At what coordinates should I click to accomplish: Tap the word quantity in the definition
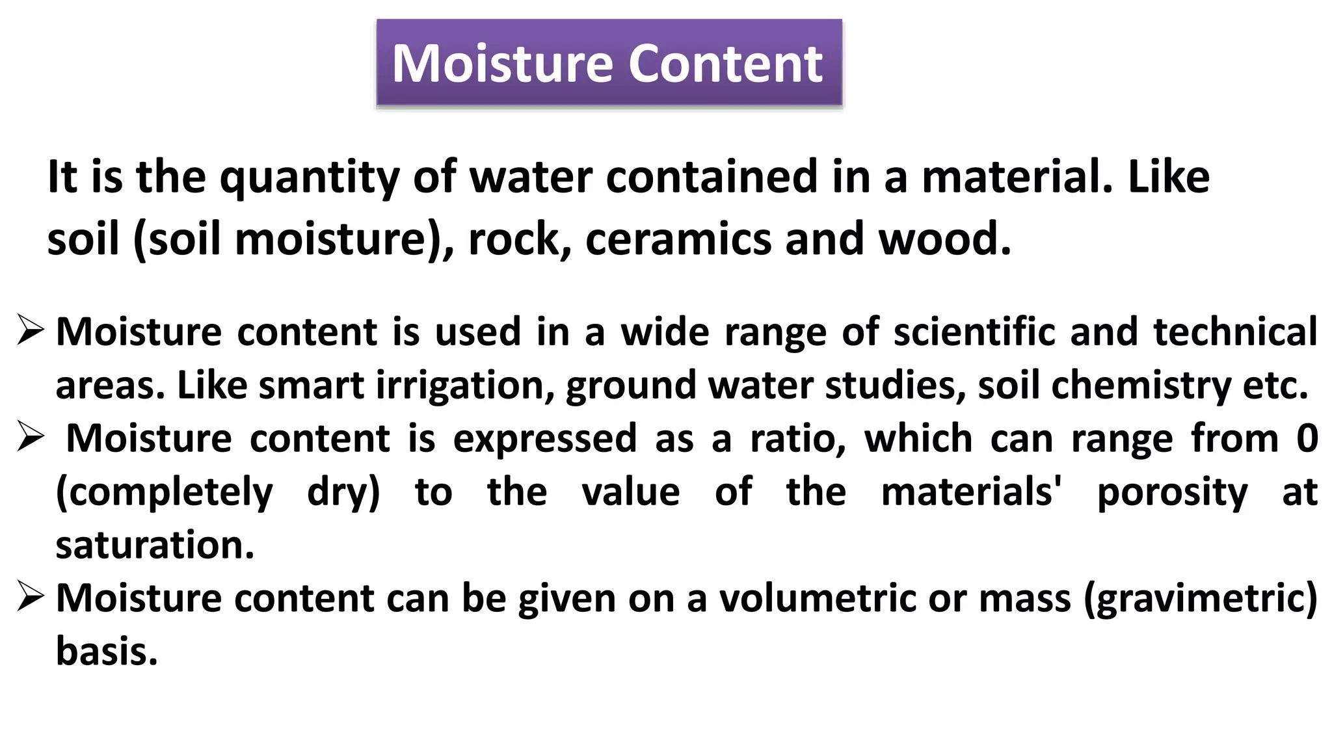309,177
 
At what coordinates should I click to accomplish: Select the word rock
514,239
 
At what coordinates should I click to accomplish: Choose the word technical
1235,332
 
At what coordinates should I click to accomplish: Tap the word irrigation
465,386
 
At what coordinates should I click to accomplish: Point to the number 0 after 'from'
1307,438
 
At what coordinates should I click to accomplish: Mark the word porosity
1172,492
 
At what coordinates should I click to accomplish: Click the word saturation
155,545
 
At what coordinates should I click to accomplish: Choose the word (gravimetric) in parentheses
1201,598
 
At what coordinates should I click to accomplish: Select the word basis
107,651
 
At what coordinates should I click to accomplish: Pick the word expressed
545,438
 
